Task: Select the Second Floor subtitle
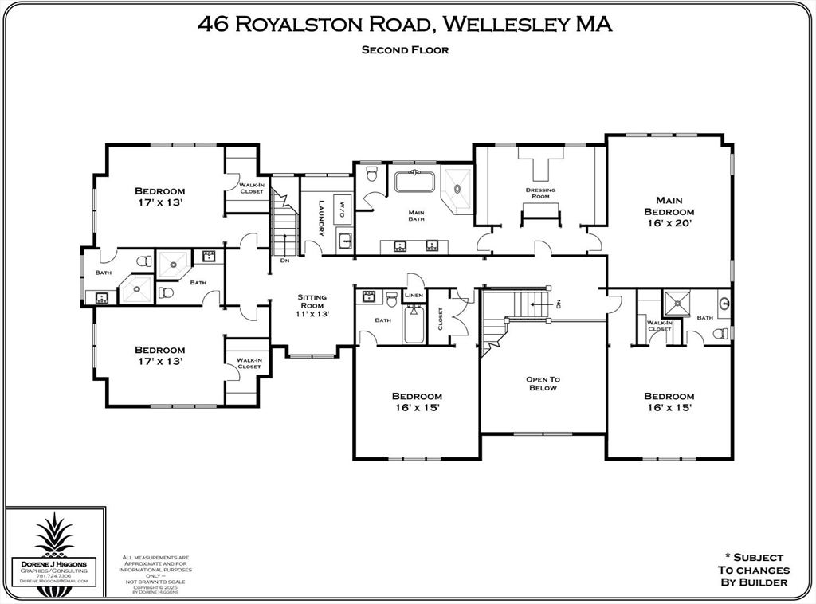[405, 49]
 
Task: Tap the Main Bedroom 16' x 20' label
[669, 212]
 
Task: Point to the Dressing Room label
[540, 193]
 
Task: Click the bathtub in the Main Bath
[414, 182]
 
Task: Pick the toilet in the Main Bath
[371, 174]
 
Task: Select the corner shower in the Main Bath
[457, 188]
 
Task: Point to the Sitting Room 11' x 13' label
[312, 305]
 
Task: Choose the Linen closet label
[414, 296]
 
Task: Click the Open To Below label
[543, 383]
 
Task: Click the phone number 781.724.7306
[53, 576]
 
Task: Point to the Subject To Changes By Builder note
[753, 570]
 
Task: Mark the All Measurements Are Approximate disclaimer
[155, 569]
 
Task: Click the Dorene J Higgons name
[53, 563]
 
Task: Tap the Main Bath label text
[416, 215]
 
